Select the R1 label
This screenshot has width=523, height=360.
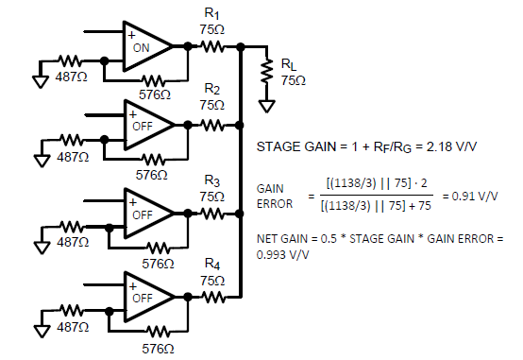tap(212, 14)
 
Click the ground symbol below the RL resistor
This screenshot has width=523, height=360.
tap(267, 104)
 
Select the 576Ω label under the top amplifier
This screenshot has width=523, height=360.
tap(153, 94)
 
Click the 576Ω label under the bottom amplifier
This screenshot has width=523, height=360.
tap(153, 348)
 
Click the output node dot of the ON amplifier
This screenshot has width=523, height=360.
tap(188, 45)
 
